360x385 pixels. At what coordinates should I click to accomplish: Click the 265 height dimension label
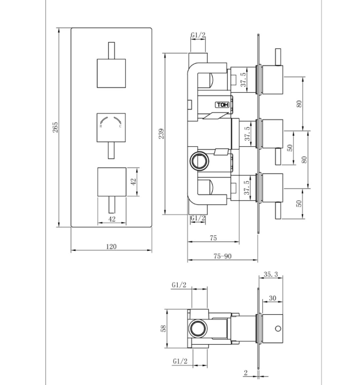click(56, 127)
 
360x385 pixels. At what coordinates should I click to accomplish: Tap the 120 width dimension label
click(111, 246)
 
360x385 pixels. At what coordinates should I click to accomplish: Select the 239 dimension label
click(161, 134)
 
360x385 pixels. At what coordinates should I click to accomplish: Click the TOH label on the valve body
click(223, 105)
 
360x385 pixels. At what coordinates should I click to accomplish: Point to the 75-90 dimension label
click(223, 256)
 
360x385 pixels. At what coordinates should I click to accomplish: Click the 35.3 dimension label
click(271, 275)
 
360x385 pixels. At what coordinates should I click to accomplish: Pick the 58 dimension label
click(163, 329)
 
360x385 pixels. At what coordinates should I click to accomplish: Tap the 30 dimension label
click(273, 298)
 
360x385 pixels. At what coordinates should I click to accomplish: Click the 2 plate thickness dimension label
click(246, 373)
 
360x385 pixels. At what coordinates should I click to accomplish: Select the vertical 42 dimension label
click(133, 182)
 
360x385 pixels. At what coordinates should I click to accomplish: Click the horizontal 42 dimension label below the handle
click(112, 219)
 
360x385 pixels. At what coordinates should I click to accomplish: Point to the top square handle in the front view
click(112, 73)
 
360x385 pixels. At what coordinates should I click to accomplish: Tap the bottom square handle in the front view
click(112, 182)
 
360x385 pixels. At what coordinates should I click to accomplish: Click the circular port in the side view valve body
click(200, 162)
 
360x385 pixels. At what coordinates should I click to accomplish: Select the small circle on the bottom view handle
click(278, 329)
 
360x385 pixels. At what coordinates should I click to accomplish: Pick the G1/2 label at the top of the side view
click(198, 35)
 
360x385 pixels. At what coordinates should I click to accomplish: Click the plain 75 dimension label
click(213, 238)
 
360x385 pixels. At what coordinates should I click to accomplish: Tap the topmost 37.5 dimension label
click(243, 79)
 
